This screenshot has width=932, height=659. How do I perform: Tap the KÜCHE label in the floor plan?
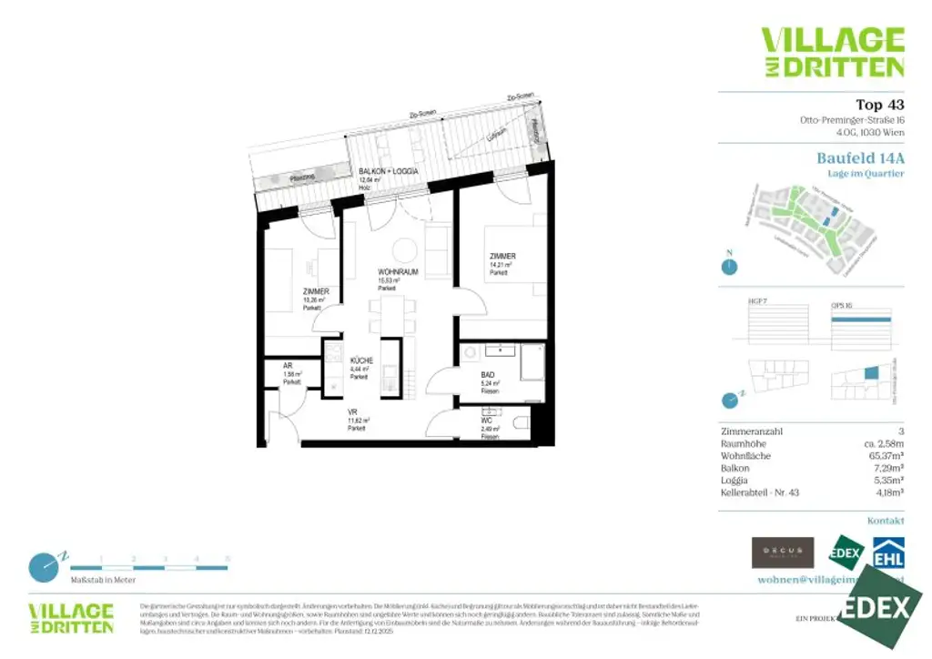coord(362,361)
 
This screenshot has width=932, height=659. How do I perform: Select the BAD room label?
coord(488,374)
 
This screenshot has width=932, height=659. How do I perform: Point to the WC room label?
coord(487,421)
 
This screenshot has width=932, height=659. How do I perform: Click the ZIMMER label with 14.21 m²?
coord(501,257)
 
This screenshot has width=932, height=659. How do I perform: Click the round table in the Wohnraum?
coord(404,248)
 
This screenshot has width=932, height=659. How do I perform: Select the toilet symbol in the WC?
coord(520,422)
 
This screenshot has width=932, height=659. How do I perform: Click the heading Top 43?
coord(879,105)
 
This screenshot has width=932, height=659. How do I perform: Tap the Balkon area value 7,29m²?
coord(887,467)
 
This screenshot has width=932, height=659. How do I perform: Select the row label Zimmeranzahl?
coord(751,431)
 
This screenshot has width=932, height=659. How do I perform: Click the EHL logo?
coord(888,552)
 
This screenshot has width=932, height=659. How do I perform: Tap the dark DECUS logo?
coord(782,552)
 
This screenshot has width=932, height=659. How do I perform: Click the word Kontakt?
coord(886,521)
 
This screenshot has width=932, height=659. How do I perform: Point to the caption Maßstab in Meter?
coord(103,580)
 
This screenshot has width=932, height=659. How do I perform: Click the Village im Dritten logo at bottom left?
coord(71,618)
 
